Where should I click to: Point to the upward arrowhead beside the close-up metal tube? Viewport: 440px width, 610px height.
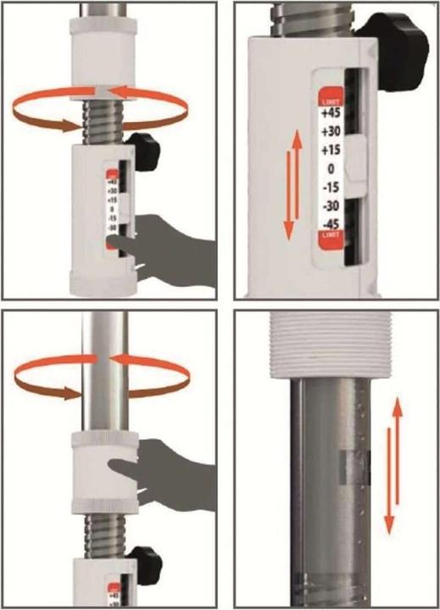click(397, 404)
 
